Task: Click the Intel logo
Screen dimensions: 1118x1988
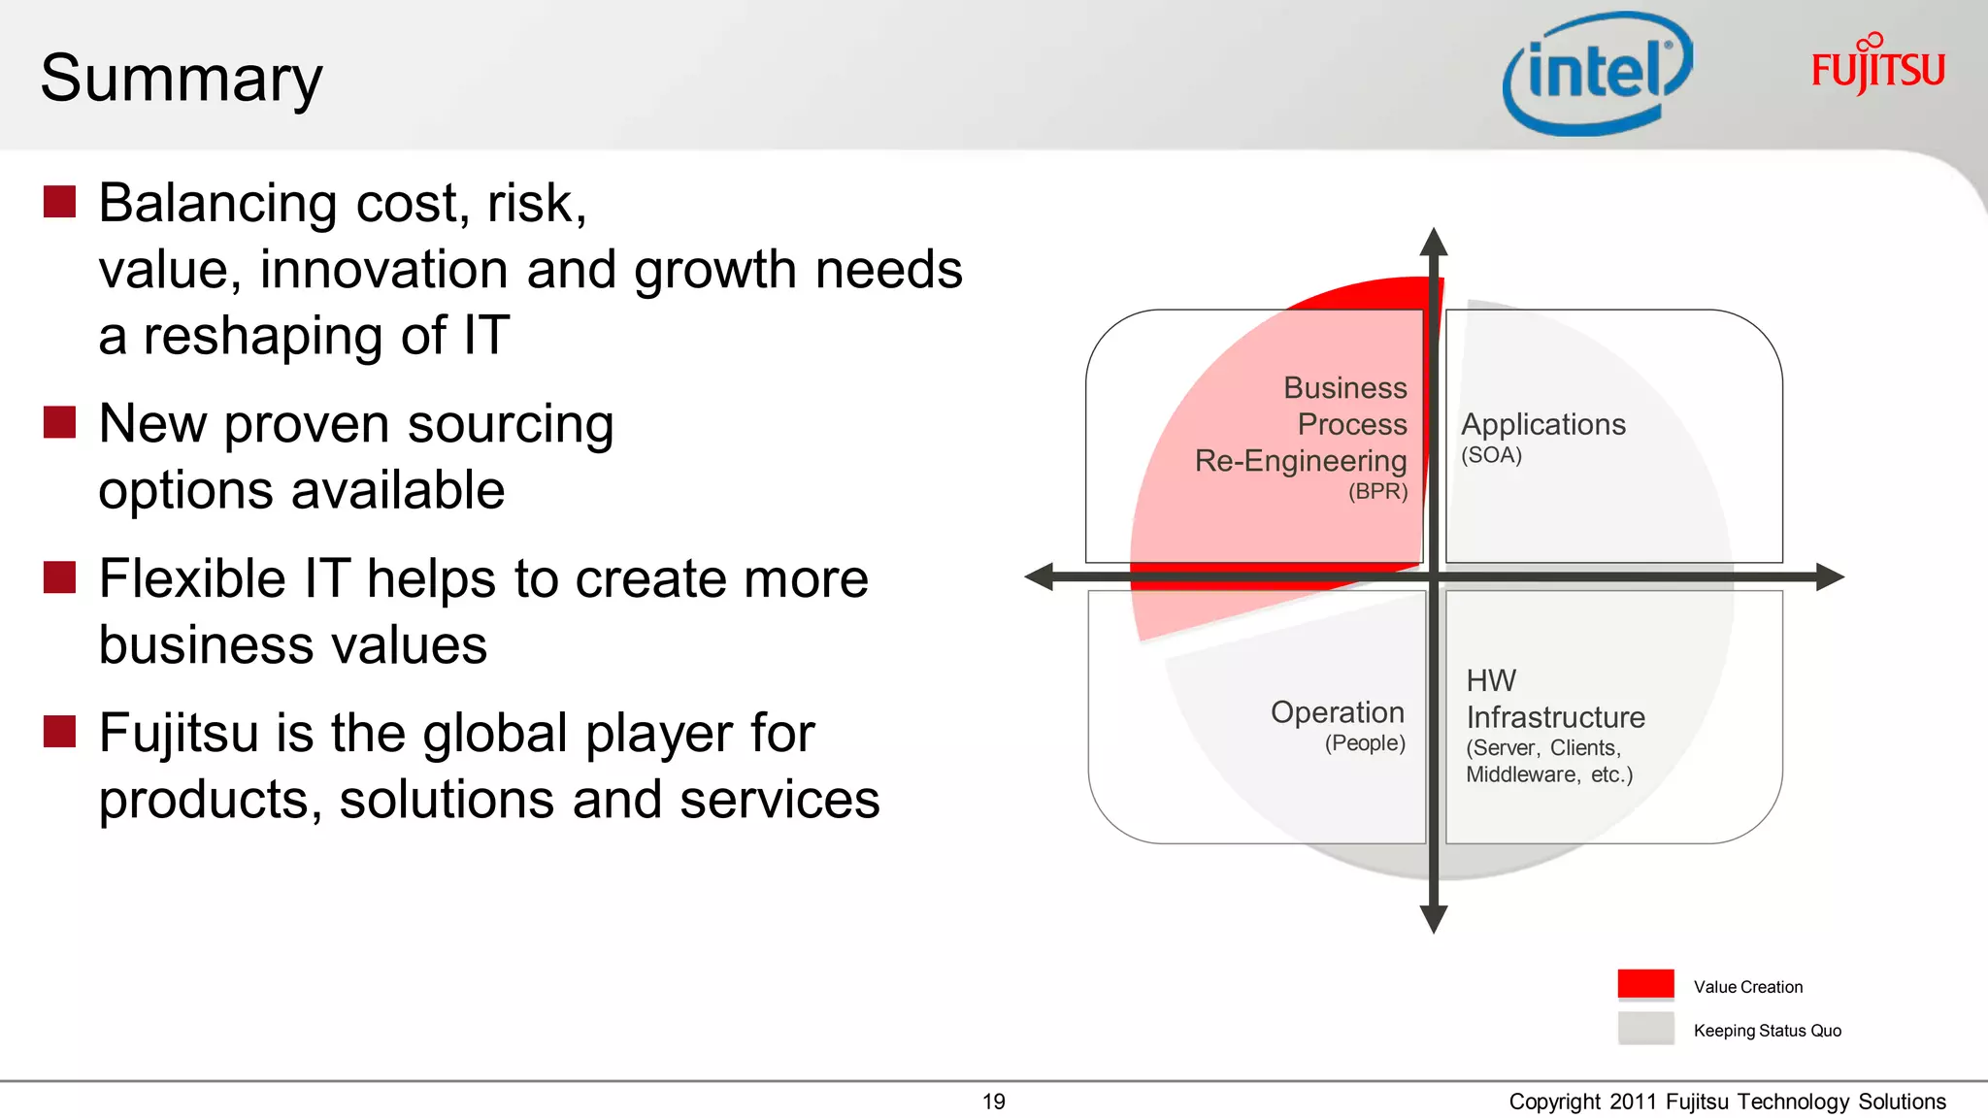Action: pyautogui.click(x=1597, y=74)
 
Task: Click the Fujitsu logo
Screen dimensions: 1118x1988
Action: pyautogui.click(x=1877, y=66)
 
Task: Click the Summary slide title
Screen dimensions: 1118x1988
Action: pyautogui.click(x=182, y=79)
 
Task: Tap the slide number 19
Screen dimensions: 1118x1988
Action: pyautogui.click(x=993, y=1102)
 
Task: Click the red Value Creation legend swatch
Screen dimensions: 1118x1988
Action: pyautogui.click(x=1645, y=984)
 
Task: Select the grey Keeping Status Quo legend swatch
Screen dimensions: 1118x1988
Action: pyautogui.click(x=1645, y=1028)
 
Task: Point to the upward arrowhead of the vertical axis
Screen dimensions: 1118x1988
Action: pyautogui.click(x=1434, y=242)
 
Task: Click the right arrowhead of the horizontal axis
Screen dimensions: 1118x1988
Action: pyautogui.click(x=1829, y=576)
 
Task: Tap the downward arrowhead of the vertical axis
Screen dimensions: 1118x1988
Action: pyautogui.click(x=1434, y=918)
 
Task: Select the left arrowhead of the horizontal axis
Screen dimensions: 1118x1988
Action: pyautogui.click(x=1040, y=576)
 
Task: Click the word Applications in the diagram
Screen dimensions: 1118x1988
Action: pyautogui.click(x=1542, y=424)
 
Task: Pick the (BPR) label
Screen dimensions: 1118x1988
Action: pyautogui.click(x=1377, y=491)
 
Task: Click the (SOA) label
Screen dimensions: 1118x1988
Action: pyautogui.click(x=1491, y=455)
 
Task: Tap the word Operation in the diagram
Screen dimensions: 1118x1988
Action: pyautogui.click(x=1337, y=712)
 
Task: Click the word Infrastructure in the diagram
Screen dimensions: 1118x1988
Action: pyautogui.click(x=1555, y=717)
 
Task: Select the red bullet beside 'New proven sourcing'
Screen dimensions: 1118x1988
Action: pyautogui.click(x=60, y=423)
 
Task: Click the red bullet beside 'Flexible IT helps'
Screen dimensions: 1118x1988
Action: pyautogui.click(x=60, y=577)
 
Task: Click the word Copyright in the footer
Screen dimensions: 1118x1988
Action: pyautogui.click(x=1554, y=1102)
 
